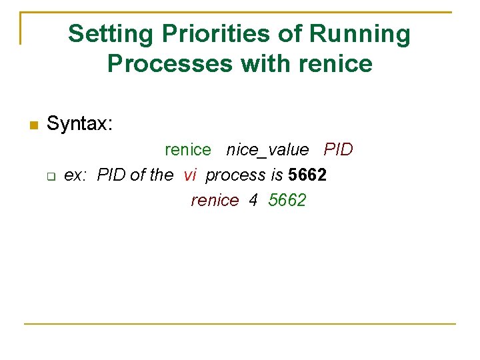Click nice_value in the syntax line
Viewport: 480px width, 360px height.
(x=267, y=150)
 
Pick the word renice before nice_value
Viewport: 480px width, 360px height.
(x=187, y=150)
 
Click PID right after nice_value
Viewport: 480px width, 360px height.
(x=338, y=150)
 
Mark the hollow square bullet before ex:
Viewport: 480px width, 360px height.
(x=50, y=177)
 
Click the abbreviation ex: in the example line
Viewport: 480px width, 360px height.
(x=75, y=175)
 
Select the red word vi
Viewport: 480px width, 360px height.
(x=190, y=175)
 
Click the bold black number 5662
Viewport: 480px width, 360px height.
(x=307, y=175)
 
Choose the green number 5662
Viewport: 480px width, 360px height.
(x=287, y=201)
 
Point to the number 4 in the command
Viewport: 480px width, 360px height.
(x=253, y=201)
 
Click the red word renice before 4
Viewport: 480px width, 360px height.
(x=215, y=201)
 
